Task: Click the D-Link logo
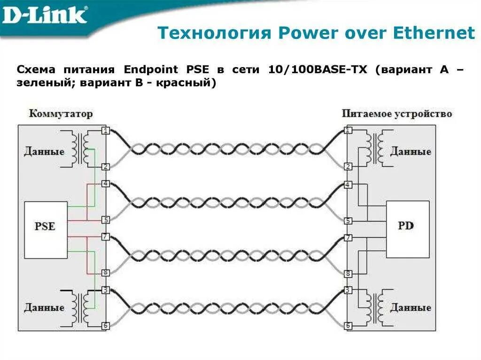click(x=45, y=15)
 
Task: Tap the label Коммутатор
click(x=61, y=114)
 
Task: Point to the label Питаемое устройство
click(x=397, y=114)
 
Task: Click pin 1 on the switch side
click(x=106, y=130)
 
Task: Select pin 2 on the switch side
click(x=106, y=167)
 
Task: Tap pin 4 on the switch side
click(x=106, y=184)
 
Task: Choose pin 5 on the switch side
click(x=106, y=220)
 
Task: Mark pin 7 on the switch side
click(x=106, y=237)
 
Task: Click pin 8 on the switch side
click(x=106, y=273)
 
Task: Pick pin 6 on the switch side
click(x=106, y=325)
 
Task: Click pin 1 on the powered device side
click(x=348, y=130)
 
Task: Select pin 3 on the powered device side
click(x=348, y=290)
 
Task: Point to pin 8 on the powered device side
click(x=348, y=273)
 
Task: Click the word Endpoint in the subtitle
click(x=151, y=70)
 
